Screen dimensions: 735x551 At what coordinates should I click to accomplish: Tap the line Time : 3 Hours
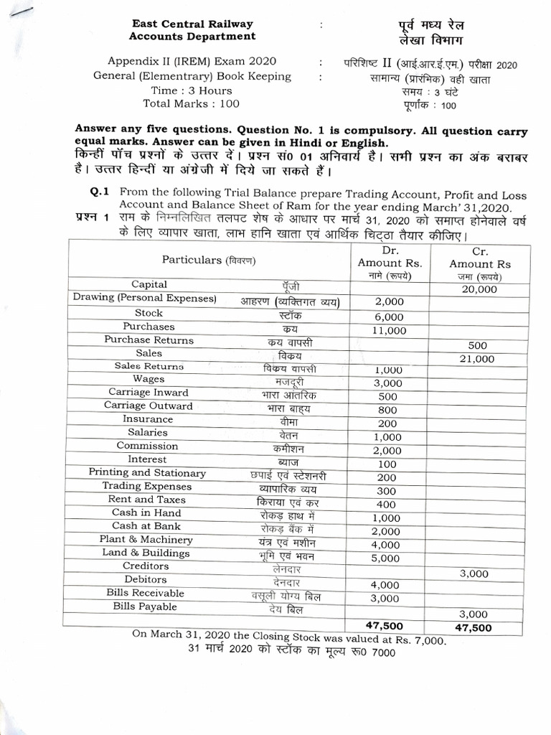[192, 90]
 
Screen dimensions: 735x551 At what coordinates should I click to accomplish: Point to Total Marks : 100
[192, 103]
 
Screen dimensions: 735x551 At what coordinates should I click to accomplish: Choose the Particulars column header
[209, 259]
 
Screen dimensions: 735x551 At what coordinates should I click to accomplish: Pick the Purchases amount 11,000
[390, 330]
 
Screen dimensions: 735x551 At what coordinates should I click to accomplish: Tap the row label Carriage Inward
[149, 393]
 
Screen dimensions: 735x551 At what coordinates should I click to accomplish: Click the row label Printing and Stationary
[147, 473]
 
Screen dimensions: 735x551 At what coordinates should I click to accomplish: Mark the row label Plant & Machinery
[146, 540]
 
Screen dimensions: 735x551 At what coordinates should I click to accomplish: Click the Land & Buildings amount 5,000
[385, 557]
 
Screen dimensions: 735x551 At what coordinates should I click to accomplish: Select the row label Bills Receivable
[146, 593]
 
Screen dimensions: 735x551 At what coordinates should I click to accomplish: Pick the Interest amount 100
[387, 464]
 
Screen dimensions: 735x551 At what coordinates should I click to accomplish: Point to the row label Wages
[149, 379]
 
